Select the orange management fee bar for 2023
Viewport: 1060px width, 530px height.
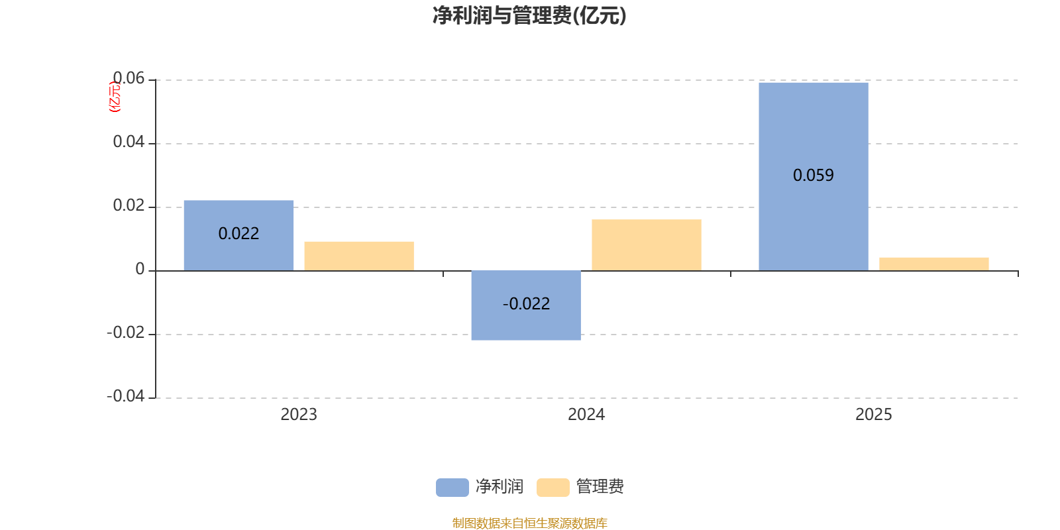(x=359, y=256)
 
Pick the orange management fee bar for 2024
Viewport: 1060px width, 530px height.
(x=647, y=244)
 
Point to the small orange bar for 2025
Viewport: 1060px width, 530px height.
(x=934, y=264)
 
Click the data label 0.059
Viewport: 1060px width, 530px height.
(x=814, y=176)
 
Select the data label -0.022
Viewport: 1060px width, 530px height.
(x=526, y=304)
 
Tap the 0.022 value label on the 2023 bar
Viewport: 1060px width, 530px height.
(x=238, y=234)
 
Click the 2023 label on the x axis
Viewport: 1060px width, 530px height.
(x=299, y=415)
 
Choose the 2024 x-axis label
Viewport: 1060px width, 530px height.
(x=586, y=415)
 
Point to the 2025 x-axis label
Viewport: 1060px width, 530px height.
(x=874, y=415)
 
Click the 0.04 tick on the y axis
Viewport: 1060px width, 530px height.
(x=129, y=142)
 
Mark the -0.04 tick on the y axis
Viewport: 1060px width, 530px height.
(x=126, y=396)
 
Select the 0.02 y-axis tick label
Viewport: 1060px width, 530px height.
(x=129, y=205)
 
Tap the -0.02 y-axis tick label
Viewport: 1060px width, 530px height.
(x=126, y=333)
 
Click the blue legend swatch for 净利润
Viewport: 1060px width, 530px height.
(x=452, y=488)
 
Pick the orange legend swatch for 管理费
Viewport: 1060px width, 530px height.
(x=553, y=488)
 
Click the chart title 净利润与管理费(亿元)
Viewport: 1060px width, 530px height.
(x=529, y=16)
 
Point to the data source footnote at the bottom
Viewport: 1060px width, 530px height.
(x=529, y=523)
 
